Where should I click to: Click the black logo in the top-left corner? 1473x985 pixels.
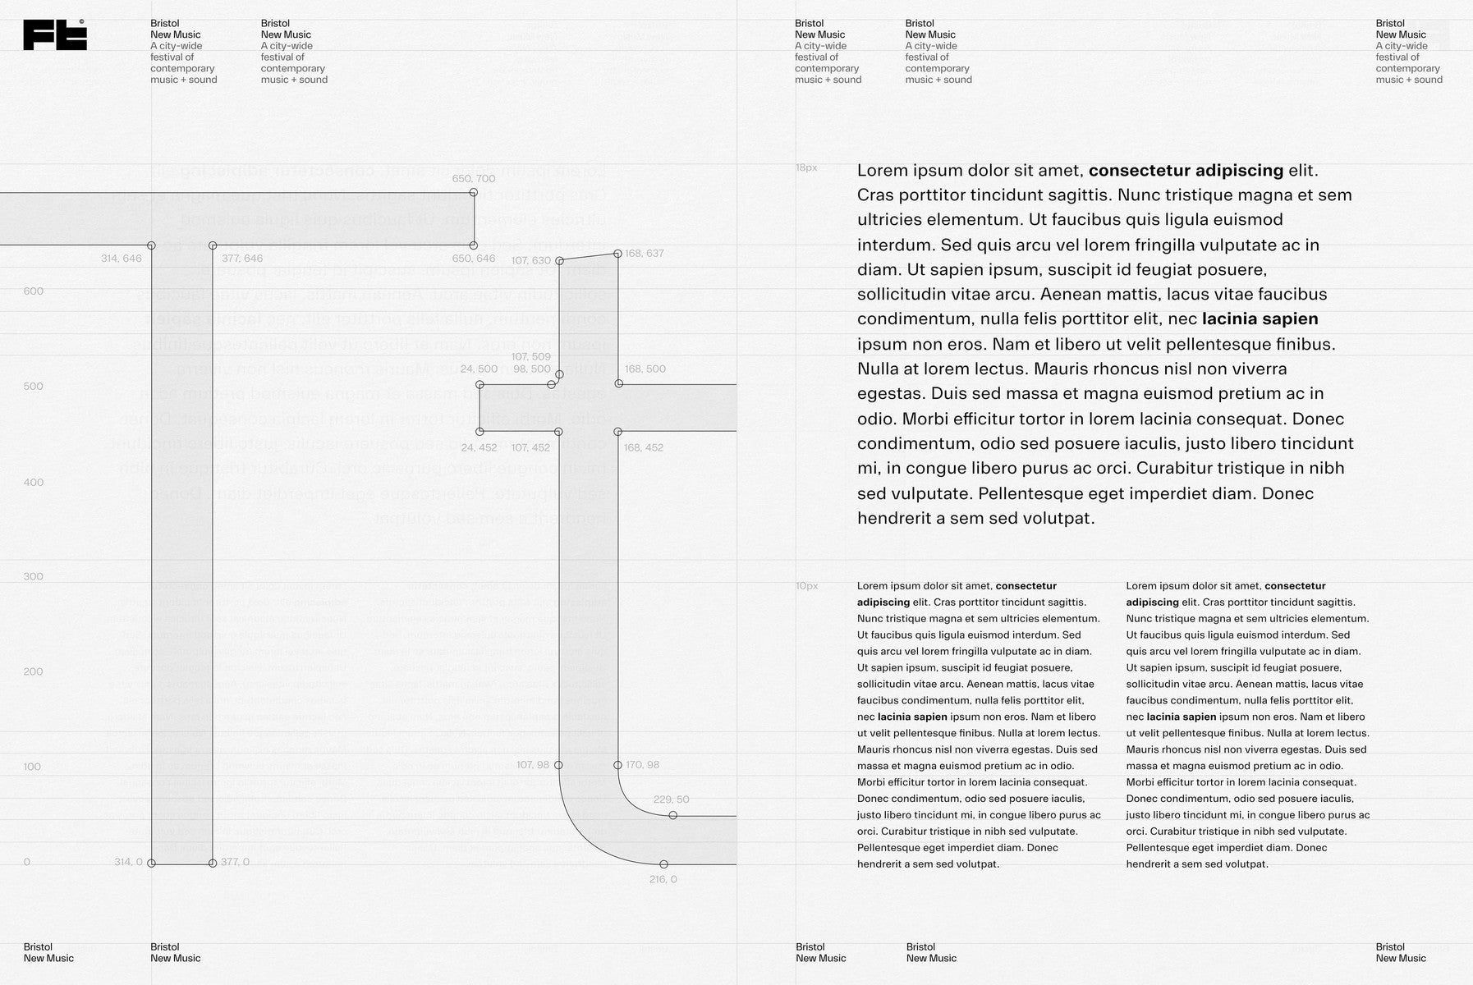pos(55,35)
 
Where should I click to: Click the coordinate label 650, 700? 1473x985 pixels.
pos(474,179)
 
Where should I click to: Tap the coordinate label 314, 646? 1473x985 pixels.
pos(122,259)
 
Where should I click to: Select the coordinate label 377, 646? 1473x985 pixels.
pos(242,259)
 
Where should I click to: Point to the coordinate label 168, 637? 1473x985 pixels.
pos(645,253)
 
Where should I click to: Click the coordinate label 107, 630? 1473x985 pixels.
pos(531,261)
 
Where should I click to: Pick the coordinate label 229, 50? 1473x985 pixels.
pos(671,799)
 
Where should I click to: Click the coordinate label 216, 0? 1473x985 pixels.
pos(663,879)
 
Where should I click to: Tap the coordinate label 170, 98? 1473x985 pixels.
pos(642,765)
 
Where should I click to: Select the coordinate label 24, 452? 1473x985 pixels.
pos(480,447)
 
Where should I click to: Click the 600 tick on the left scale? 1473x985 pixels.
pos(33,291)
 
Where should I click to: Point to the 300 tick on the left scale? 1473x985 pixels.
pos(33,576)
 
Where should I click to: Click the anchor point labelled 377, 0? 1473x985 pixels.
pos(213,864)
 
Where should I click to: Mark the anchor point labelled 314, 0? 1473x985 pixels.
pos(151,864)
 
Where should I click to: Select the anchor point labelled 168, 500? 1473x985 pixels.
pos(619,383)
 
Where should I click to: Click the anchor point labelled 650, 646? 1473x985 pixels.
pos(474,245)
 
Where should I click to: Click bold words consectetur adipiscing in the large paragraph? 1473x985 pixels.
pos(1186,171)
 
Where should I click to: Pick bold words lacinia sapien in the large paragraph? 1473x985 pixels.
pos(1260,319)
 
